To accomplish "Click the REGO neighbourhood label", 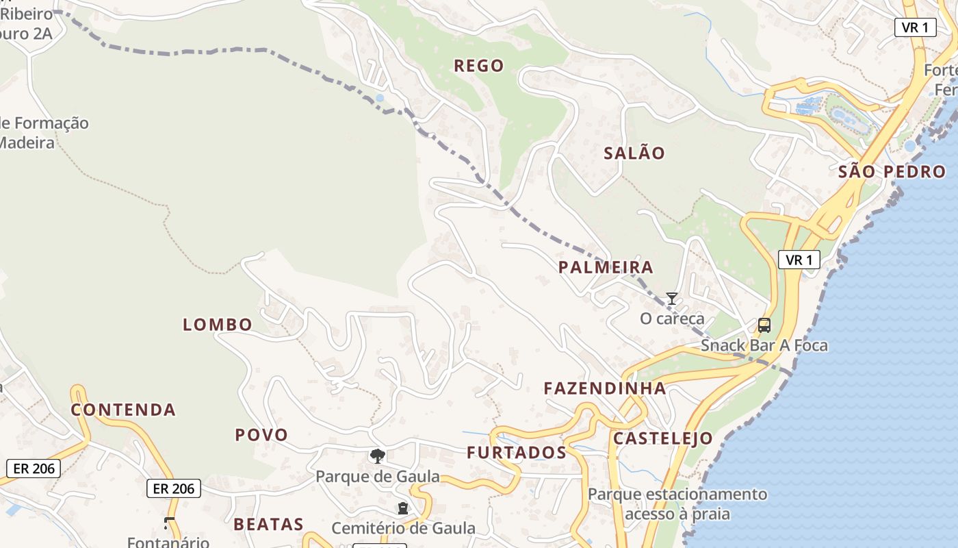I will [479, 66].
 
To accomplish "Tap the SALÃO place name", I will [634, 153].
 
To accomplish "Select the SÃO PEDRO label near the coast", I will [892, 172].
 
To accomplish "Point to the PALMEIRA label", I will [606, 267].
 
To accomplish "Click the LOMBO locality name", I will [218, 325].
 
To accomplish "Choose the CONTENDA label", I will [124, 410].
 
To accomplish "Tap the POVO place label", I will [261, 435].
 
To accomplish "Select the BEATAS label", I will [268, 525].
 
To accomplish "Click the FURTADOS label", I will [517, 453].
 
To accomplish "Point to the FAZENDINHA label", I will [605, 388].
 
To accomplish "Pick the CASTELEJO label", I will [662, 438].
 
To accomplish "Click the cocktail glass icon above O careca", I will [672, 299].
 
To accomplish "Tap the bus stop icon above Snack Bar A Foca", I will [764, 325].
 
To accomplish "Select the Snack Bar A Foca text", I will [764, 345].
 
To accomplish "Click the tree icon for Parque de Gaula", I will [377, 456].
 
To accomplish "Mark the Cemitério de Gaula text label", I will [403, 528].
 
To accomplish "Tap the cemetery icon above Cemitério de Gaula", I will [403, 508].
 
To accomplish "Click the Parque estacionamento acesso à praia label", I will [677, 503].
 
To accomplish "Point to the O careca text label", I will [672, 319].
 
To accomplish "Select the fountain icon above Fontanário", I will [168, 524].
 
